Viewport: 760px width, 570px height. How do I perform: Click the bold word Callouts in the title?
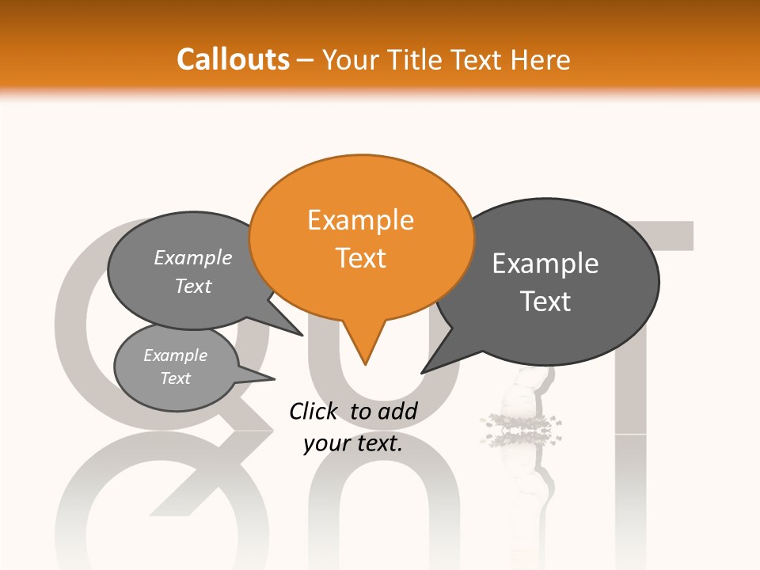(233, 59)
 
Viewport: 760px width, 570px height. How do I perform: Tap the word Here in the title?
(541, 60)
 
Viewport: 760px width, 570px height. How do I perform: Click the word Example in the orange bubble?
(361, 220)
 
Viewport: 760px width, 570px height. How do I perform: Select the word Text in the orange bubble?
(361, 258)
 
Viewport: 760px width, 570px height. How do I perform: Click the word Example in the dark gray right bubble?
(545, 264)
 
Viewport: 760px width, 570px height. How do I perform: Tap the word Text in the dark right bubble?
(546, 302)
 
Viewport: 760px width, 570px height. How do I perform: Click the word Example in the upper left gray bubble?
(193, 258)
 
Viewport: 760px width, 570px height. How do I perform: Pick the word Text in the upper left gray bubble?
(193, 286)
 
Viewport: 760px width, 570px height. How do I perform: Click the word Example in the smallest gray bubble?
(175, 355)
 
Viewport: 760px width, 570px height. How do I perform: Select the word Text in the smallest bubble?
(175, 378)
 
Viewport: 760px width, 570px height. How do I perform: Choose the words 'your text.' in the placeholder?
(353, 443)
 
